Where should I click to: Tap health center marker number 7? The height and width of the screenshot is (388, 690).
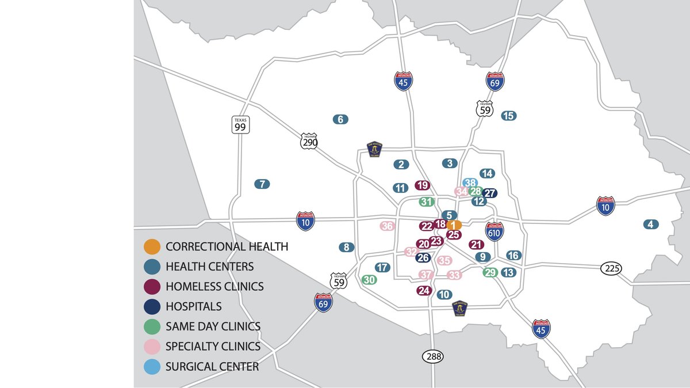(262, 184)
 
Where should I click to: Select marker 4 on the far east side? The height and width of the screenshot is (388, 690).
(650, 225)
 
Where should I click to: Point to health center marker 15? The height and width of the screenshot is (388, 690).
(508, 116)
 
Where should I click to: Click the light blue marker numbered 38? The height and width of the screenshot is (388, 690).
(470, 182)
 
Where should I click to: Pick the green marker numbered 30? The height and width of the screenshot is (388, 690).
(369, 280)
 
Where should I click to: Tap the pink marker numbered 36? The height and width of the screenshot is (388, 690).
(387, 226)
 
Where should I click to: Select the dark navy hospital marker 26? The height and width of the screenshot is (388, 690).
(423, 258)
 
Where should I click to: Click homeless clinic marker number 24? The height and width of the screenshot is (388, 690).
(424, 291)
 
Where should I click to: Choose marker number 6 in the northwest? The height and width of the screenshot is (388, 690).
(340, 120)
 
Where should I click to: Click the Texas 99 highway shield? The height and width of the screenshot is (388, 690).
(240, 124)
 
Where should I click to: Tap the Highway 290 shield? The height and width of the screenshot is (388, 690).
(309, 141)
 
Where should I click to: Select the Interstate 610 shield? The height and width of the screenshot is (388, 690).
(494, 231)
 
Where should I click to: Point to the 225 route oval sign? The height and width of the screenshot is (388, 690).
(611, 268)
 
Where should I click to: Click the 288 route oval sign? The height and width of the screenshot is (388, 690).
(434, 356)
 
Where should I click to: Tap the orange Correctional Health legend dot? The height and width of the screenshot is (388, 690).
(152, 247)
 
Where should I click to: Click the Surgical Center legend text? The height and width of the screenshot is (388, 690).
(212, 367)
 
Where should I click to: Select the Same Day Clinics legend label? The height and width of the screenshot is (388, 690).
(213, 326)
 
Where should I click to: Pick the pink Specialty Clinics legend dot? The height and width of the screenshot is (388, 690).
(152, 347)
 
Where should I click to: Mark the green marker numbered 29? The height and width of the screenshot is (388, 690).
(490, 272)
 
